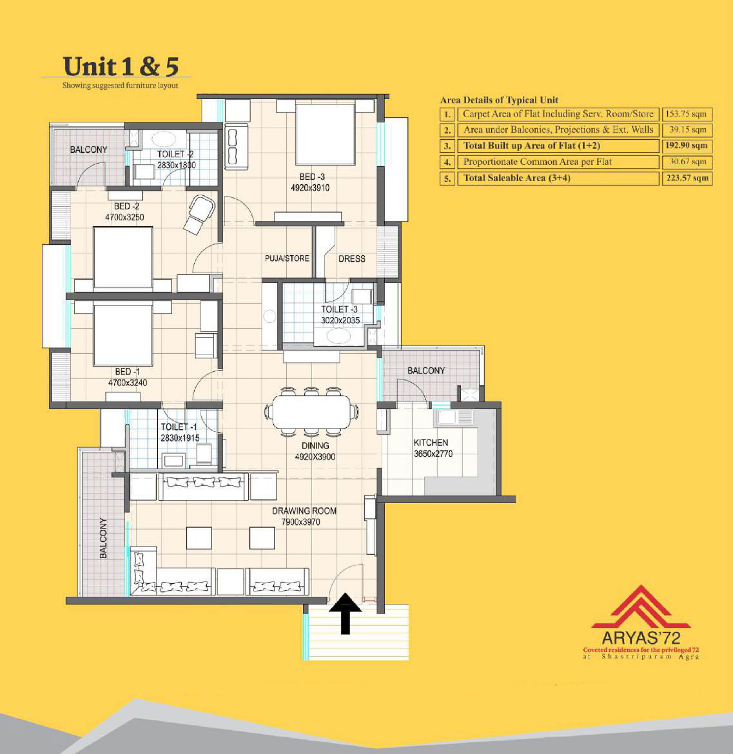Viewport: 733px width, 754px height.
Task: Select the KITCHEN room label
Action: pyautogui.click(x=431, y=442)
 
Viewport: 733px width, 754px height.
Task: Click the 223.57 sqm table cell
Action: pyautogui.click(x=687, y=178)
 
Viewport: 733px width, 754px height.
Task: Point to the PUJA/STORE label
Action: pyautogui.click(x=287, y=258)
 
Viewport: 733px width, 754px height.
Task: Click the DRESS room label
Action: pyautogui.click(x=352, y=258)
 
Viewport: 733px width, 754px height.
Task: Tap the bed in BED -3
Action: pyautogui.click(x=325, y=134)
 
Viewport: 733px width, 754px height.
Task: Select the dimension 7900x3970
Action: pyautogui.click(x=301, y=522)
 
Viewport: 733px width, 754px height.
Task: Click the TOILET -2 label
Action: pyautogui.click(x=175, y=154)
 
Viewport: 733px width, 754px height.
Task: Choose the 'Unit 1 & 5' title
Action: pyautogui.click(x=121, y=66)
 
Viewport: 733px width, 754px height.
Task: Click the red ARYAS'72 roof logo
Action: pyautogui.click(x=641, y=607)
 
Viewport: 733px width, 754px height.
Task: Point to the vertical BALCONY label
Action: pyautogui.click(x=103, y=538)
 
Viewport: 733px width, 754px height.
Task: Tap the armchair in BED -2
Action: pyautogui.click(x=199, y=214)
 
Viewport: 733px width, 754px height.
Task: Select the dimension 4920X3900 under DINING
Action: pyautogui.click(x=315, y=457)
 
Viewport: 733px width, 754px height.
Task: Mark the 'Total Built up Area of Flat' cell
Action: pyautogui.click(x=558, y=146)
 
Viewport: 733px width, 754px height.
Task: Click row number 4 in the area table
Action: pyautogui.click(x=447, y=162)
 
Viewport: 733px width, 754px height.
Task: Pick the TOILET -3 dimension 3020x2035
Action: pyautogui.click(x=340, y=320)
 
